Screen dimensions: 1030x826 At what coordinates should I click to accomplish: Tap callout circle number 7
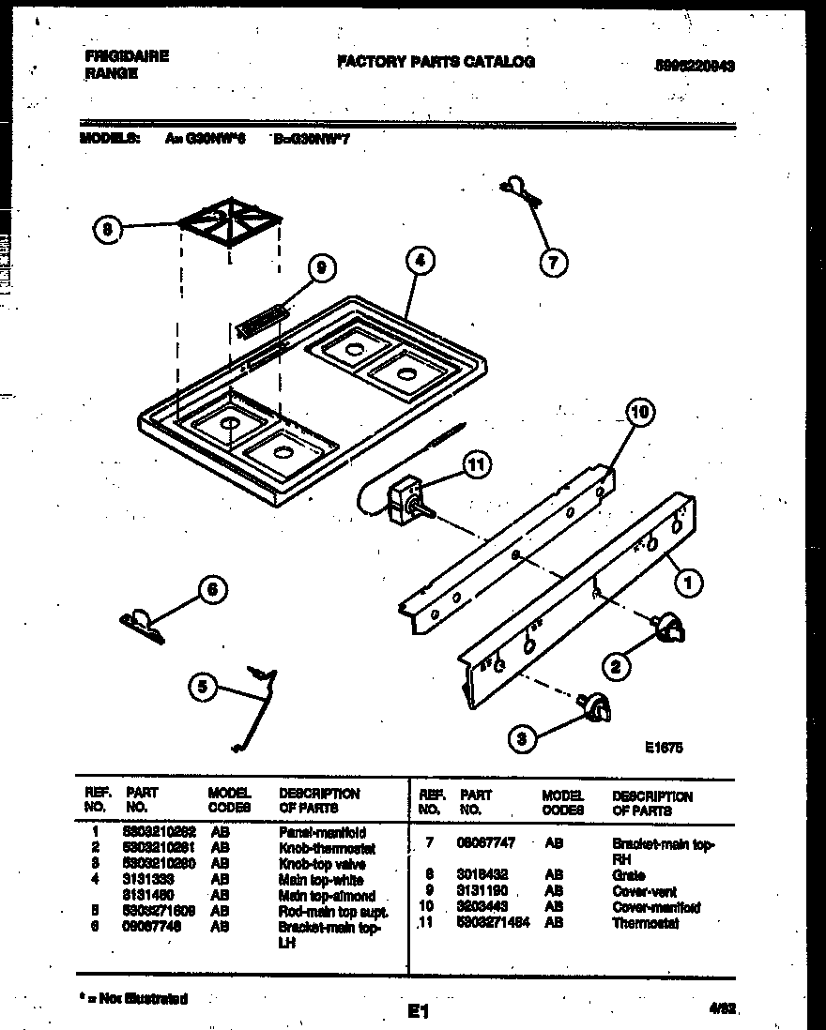(x=552, y=264)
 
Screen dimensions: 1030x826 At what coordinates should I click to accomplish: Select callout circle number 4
(x=420, y=263)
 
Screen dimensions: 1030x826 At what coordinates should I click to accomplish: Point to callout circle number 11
(x=477, y=462)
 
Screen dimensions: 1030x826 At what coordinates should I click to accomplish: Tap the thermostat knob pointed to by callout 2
(x=668, y=629)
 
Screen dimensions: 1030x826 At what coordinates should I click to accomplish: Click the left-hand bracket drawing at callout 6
(x=142, y=624)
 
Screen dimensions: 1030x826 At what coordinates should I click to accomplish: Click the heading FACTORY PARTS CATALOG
(x=436, y=62)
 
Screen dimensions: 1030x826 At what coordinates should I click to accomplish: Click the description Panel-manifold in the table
(x=321, y=832)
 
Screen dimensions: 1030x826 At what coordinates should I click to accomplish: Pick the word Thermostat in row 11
(x=645, y=923)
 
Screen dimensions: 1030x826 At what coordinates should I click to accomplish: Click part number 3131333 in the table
(x=149, y=880)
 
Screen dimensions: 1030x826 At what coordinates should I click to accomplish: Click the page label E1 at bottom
(x=418, y=1011)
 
